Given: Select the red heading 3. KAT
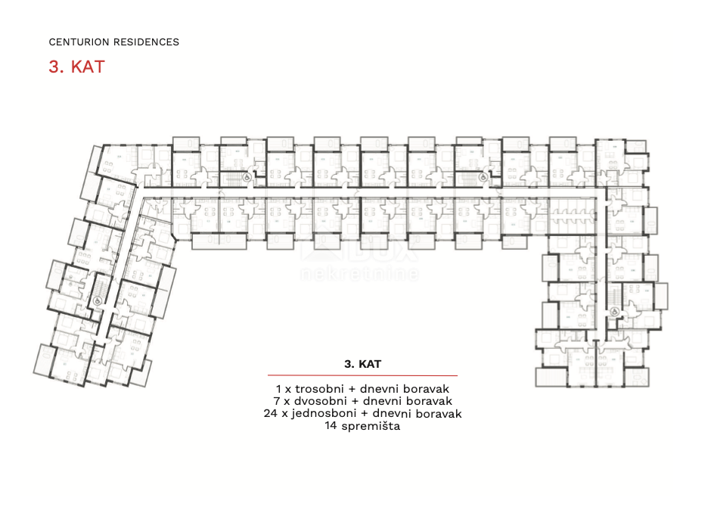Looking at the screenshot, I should pyautogui.click(x=76, y=67).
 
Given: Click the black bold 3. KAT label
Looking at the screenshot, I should pyautogui.click(x=362, y=364).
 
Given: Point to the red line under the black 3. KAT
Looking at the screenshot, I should pyautogui.click(x=362, y=375).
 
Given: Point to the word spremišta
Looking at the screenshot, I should pyautogui.click(x=370, y=427).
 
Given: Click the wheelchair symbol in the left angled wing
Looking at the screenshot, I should pyautogui.click(x=97, y=299).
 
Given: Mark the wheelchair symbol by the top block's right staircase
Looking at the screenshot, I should pyautogui.click(x=483, y=177).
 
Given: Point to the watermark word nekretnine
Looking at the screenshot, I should pyautogui.click(x=360, y=274).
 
